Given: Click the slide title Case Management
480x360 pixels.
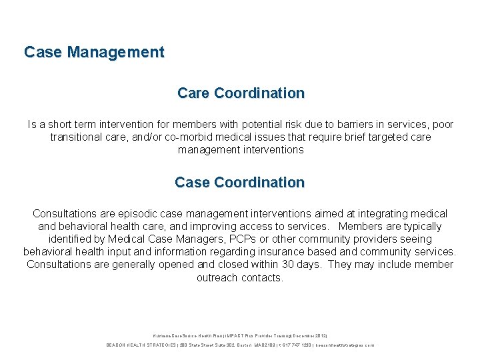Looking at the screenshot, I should (x=94, y=52).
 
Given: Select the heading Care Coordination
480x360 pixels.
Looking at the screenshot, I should (x=241, y=93).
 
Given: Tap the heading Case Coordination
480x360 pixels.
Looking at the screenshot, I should (x=239, y=182).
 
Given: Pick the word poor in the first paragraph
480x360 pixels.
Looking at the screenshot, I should (x=443, y=125).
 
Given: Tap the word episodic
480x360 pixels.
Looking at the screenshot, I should (x=129, y=214).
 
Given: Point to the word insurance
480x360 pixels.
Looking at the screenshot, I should (x=310, y=252).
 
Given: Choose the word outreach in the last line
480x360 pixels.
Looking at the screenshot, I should (x=217, y=277).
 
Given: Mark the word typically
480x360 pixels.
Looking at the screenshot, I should (x=421, y=227).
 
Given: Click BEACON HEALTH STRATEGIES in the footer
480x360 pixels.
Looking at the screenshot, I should (x=139, y=345).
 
